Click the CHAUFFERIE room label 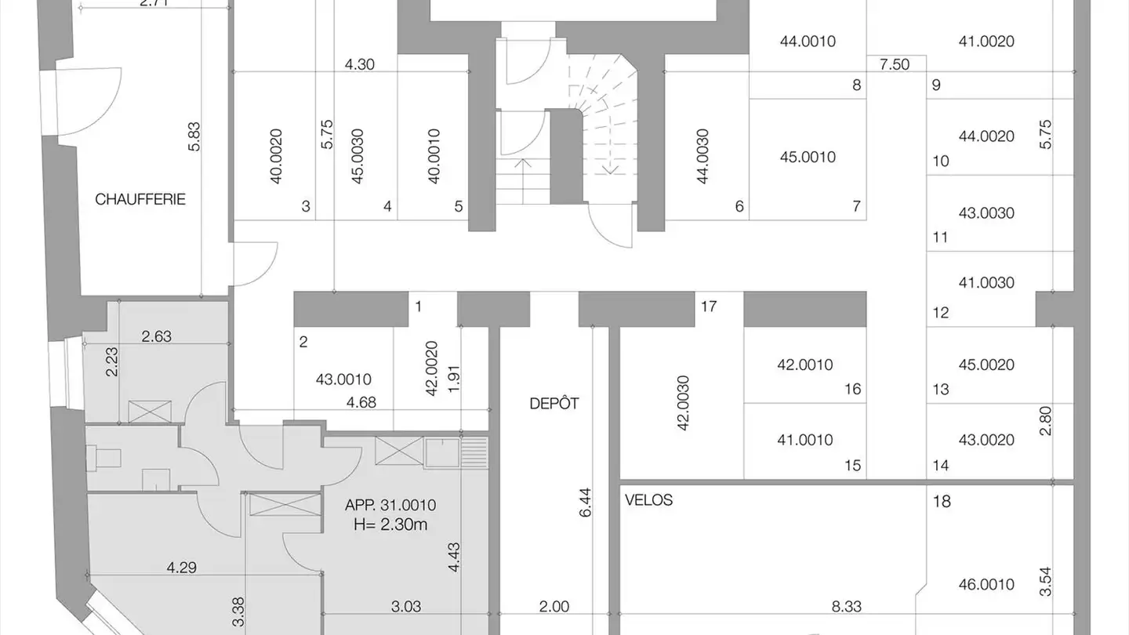coord(140,199)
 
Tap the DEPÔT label coord(554,403)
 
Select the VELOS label coord(648,500)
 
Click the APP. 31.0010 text coord(390,505)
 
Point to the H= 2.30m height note coord(390,524)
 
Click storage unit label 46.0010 coord(986,585)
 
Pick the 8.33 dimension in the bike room coord(846,606)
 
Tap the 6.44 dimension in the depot coord(585,502)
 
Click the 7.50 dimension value coord(895,64)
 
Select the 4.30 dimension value coord(359,64)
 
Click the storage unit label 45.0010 coord(808,157)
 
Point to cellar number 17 coord(709,307)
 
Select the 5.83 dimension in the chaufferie coord(194,136)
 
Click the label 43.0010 coord(343,379)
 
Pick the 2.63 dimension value coord(156,336)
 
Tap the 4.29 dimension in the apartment coord(181,568)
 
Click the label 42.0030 coord(683,403)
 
